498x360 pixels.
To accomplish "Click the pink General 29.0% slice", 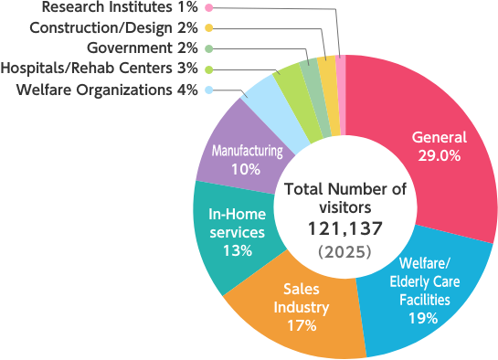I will tap(429, 119).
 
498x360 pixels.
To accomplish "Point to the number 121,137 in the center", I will tap(344, 228).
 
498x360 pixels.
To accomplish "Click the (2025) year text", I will tap(344, 249).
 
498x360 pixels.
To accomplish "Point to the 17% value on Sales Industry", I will tap(301, 324).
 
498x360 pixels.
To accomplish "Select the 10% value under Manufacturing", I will tap(246, 169).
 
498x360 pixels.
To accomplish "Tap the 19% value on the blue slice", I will tap(424, 318).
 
